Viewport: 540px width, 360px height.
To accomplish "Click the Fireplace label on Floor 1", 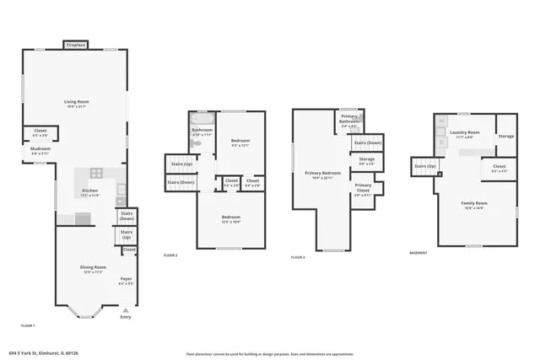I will [76, 45].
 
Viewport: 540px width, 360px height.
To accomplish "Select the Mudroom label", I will [40, 151].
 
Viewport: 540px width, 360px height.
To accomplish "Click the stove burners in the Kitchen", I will [96, 174].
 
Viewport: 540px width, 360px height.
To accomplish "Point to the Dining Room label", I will [93, 269].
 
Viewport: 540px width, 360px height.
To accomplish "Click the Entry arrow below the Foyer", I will [126, 310].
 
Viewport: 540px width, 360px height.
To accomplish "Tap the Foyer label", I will [126, 281].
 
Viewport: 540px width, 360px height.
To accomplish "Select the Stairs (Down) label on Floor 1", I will [127, 216].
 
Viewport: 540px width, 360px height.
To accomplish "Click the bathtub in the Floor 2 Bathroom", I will [202, 119].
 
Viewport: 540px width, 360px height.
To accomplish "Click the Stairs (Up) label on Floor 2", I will [181, 164].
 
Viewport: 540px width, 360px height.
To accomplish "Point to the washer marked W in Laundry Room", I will [441, 121].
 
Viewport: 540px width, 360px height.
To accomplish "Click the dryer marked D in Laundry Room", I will [441, 142].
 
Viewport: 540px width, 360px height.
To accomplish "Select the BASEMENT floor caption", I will [418, 253].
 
